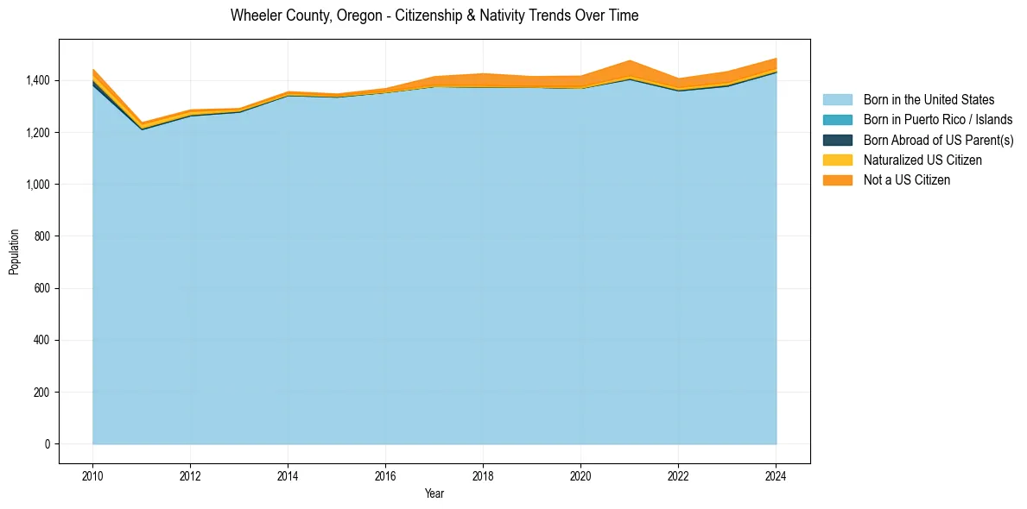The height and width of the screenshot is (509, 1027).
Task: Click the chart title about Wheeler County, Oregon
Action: (x=434, y=16)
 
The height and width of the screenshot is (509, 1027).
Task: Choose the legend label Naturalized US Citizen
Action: (x=922, y=160)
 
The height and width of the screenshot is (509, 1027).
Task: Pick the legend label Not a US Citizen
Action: (x=907, y=180)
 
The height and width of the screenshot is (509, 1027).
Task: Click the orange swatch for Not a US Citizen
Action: (x=837, y=180)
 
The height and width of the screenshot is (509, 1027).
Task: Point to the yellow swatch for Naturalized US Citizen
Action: (x=837, y=160)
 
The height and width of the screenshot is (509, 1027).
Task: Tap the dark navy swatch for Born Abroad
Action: (x=837, y=140)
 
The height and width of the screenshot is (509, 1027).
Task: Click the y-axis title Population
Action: (x=14, y=252)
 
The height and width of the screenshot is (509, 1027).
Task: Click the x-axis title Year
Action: (x=434, y=493)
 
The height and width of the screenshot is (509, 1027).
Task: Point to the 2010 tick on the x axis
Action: (x=92, y=474)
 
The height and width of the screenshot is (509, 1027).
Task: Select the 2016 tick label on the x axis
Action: (x=385, y=474)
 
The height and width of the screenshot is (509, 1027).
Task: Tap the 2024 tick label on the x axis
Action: (x=776, y=474)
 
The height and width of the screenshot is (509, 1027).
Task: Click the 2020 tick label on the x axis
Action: (x=580, y=474)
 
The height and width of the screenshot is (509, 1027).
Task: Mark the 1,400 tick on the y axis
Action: (x=37, y=80)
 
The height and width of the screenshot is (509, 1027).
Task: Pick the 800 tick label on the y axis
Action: (x=41, y=236)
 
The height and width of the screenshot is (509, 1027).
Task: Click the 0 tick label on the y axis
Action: (x=47, y=444)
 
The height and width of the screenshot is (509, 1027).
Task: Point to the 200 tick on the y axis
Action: (x=41, y=393)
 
